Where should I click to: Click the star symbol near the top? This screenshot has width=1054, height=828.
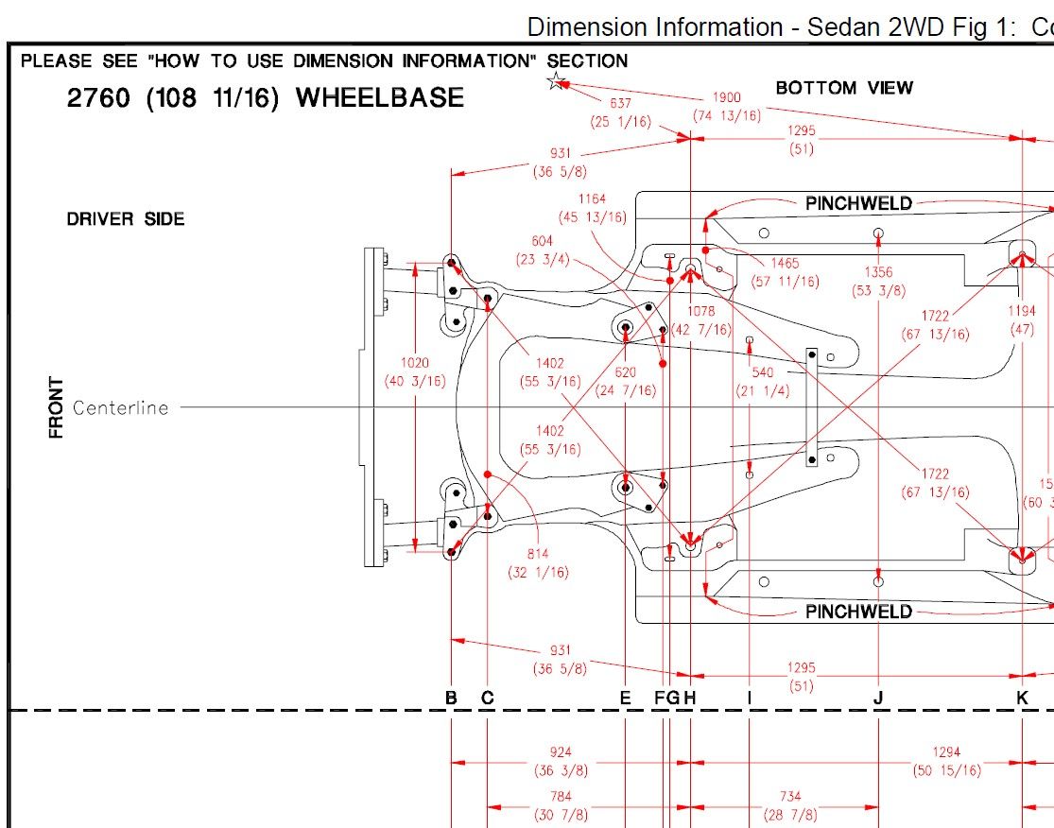(556, 81)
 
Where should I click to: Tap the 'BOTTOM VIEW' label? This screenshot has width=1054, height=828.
(844, 88)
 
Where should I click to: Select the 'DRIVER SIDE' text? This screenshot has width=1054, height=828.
(126, 219)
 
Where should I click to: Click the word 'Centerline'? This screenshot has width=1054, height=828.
(121, 408)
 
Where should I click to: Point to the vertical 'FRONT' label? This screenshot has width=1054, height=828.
(57, 408)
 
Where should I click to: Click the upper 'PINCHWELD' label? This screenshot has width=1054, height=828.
(858, 203)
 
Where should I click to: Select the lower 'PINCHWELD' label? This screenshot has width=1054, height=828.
(858, 612)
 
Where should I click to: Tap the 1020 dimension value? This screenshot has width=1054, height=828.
(415, 363)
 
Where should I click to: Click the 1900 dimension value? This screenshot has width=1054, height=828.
(726, 98)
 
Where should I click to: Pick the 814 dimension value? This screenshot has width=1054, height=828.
(539, 555)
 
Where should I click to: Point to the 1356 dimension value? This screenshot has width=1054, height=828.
(878, 272)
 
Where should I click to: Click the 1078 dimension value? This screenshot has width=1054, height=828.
(700, 311)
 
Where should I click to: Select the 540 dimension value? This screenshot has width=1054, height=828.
(762, 373)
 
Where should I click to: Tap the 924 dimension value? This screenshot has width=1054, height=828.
(561, 752)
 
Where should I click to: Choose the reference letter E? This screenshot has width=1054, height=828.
(625, 699)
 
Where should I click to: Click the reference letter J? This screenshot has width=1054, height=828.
(878, 699)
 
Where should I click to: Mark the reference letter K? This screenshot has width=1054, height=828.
(1022, 699)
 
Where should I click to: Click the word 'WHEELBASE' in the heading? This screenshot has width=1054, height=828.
(380, 98)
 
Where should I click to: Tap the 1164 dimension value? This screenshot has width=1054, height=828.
(592, 199)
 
